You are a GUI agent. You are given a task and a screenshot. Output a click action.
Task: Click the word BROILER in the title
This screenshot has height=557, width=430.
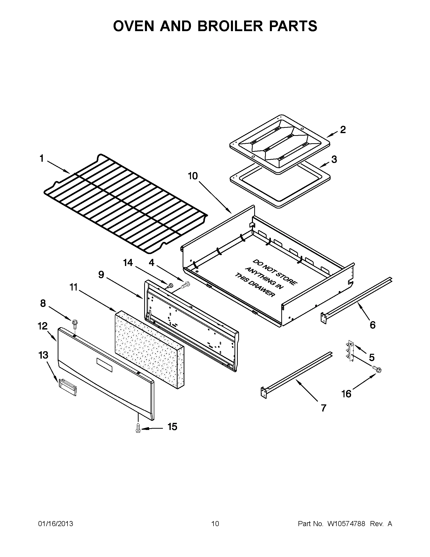[230, 26]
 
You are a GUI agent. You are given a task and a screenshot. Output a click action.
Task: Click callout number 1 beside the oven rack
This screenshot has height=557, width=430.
[41, 159]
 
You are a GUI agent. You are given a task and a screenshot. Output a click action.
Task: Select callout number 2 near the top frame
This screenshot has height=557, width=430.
[343, 130]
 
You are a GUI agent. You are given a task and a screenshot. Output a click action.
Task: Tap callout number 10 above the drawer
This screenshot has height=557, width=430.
[193, 176]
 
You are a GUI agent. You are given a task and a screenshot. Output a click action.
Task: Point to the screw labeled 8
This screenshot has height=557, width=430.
[75, 323]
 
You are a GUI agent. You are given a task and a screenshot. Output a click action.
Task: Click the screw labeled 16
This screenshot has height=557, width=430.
[377, 369]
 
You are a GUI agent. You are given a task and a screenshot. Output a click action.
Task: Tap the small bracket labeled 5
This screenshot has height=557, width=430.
[351, 351]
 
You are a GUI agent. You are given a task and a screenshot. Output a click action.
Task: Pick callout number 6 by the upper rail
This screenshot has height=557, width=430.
[372, 325]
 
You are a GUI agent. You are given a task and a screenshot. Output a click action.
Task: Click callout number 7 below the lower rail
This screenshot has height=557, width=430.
[323, 408]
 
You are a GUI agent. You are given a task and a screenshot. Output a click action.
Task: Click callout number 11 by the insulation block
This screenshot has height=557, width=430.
[73, 287]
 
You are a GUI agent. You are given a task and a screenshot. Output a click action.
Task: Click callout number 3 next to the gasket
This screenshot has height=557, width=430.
[334, 159]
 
